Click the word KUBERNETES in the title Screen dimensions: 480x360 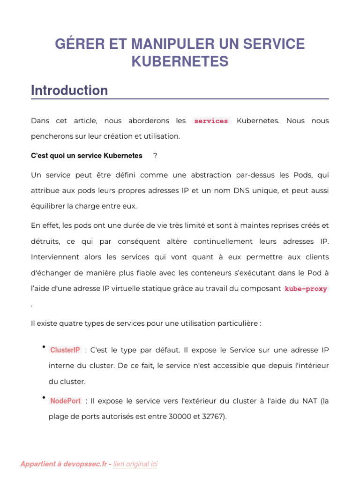[x=180, y=61]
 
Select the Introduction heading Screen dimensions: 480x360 [x=69, y=90]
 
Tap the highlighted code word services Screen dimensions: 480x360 [x=211, y=121]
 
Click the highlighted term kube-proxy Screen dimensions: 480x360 [x=306, y=289]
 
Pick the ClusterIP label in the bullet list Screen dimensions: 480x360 [x=65, y=350]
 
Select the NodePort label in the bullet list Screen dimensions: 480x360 [x=66, y=401]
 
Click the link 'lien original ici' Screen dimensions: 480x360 [x=135, y=464]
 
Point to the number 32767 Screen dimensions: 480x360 [x=214, y=416]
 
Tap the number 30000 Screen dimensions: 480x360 [x=180, y=416]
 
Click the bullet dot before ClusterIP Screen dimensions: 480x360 [x=43, y=347]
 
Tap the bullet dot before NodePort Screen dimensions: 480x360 [x=43, y=398]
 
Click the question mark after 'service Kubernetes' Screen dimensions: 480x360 [x=155, y=156]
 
